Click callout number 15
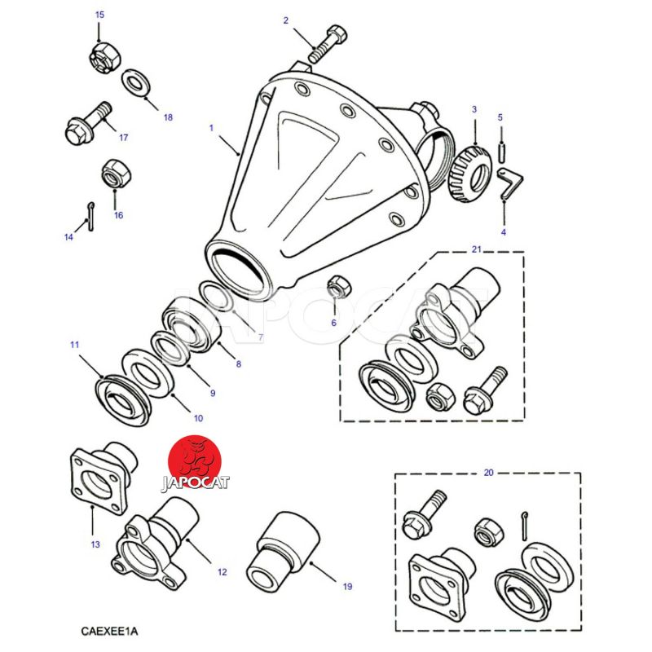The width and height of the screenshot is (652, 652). point(99,15)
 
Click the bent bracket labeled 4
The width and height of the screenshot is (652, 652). point(511,183)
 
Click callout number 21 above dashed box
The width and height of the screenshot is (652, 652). point(477,249)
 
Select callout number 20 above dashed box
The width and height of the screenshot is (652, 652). point(488,473)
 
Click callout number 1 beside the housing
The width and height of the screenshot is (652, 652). point(210,127)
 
